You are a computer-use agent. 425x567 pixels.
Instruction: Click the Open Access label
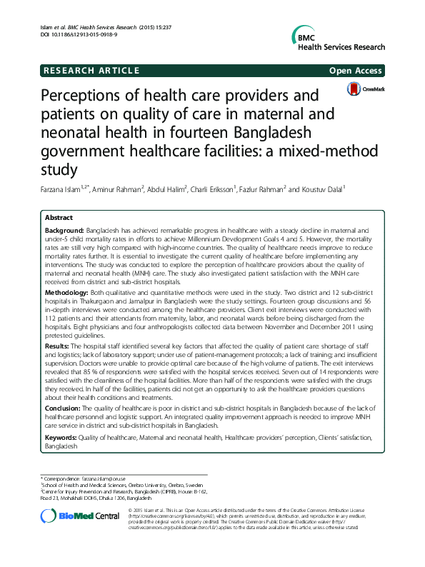356,71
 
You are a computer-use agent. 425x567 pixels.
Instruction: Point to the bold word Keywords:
62,436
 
